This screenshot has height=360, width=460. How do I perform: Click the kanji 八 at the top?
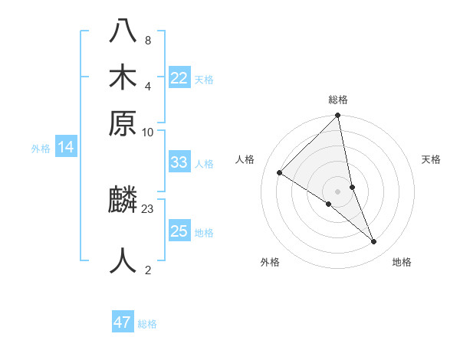tap(123, 31)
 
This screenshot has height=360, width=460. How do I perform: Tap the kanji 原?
tap(123, 123)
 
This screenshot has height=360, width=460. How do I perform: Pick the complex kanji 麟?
tap(123, 201)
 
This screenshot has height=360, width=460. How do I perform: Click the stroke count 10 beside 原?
tap(148, 132)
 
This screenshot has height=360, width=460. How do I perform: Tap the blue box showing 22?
tap(179, 78)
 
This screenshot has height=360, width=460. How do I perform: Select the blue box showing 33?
tap(179, 162)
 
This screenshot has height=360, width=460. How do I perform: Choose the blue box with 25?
tap(179, 231)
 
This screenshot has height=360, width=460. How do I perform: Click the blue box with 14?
tap(66, 147)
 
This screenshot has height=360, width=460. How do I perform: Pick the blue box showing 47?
tap(123, 322)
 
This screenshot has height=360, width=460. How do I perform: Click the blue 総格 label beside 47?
tap(147, 324)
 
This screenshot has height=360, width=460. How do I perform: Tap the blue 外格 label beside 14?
tap(41, 149)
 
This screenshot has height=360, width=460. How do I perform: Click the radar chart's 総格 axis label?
tap(338, 100)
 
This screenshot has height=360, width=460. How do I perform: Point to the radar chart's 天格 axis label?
tap(432, 159)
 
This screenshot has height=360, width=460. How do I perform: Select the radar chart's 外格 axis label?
tap(270, 262)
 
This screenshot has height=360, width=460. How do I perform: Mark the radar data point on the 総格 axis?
tap(338, 116)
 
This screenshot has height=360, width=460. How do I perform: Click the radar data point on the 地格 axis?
tap(374, 241)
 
